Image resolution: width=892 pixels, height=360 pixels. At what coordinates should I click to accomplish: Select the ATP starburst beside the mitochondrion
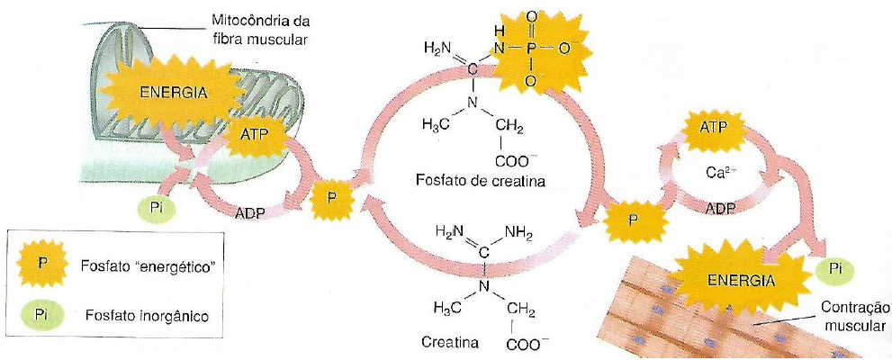pos(260,132)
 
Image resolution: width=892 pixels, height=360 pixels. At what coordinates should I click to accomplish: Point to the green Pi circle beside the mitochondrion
pos(157,209)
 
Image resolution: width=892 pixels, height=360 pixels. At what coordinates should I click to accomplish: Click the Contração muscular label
pos(855,317)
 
